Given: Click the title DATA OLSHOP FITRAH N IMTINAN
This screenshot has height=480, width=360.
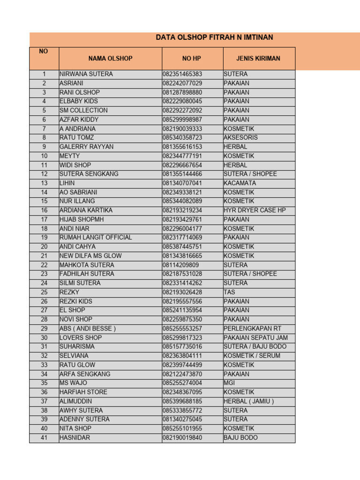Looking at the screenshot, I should pyautogui.click(x=214, y=37).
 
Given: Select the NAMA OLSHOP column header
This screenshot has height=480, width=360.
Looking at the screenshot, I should pyautogui.click(x=110, y=59).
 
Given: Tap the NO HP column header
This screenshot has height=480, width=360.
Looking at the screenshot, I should pyautogui.click(x=193, y=59).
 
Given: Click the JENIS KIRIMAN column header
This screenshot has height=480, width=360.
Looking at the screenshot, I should pyautogui.click(x=258, y=59).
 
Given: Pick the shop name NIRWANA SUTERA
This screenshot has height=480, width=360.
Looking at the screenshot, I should pyautogui.click(x=86, y=74).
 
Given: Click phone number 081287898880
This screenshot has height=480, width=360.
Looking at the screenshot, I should pyautogui.click(x=183, y=92).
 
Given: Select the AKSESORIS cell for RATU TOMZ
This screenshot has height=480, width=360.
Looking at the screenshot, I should pyautogui.click(x=240, y=138).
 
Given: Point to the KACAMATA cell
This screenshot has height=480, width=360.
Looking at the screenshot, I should pyautogui.click(x=240, y=183).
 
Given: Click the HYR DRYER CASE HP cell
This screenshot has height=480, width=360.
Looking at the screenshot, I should pyautogui.click(x=255, y=210).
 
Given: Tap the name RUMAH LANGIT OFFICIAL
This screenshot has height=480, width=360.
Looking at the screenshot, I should pyautogui.click(x=96, y=238).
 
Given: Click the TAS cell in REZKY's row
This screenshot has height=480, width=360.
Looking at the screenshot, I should pyautogui.click(x=229, y=292).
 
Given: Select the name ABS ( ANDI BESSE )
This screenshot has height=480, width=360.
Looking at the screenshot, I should pyautogui.click(x=88, y=329).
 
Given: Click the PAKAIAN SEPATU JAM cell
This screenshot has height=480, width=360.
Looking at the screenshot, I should pyautogui.click(x=255, y=337).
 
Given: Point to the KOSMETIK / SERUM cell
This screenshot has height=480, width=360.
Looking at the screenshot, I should pyautogui.click(x=252, y=356).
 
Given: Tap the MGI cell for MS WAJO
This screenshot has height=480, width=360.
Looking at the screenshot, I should pyautogui.click(x=230, y=383).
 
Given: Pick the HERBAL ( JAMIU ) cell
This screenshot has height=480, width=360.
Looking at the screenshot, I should pyautogui.click(x=249, y=401).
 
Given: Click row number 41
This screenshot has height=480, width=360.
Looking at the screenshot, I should pyautogui.click(x=44, y=438).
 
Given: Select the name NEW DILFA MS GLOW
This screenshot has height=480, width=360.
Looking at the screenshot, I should pyautogui.click(x=90, y=256).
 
